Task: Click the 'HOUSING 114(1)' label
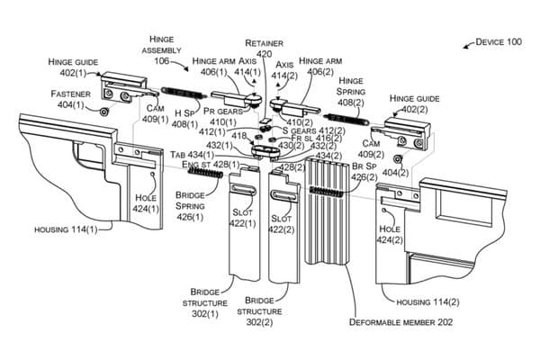tap(66, 230)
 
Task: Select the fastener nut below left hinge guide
tap(103, 112)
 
